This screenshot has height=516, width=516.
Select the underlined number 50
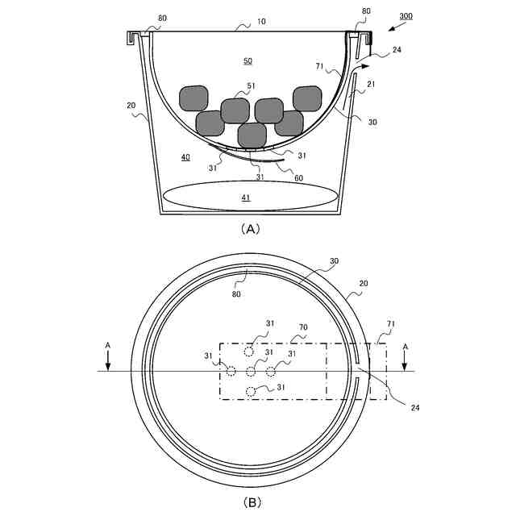click(x=248, y=60)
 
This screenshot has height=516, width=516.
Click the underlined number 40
click(x=185, y=157)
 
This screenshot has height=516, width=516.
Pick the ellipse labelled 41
click(x=250, y=196)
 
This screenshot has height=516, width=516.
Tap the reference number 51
click(x=251, y=86)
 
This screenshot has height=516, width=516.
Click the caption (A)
click(x=250, y=228)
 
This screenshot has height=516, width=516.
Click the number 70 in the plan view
click(x=304, y=328)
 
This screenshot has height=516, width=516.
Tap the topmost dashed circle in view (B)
click(x=251, y=352)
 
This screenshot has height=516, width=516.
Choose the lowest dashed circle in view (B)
click(x=251, y=392)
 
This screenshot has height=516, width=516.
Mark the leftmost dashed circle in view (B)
click(x=231, y=371)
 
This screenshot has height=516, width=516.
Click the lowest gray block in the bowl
click(x=252, y=135)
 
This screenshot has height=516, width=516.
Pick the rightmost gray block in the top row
click(x=307, y=98)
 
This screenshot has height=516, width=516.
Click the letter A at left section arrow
click(x=108, y=345)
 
